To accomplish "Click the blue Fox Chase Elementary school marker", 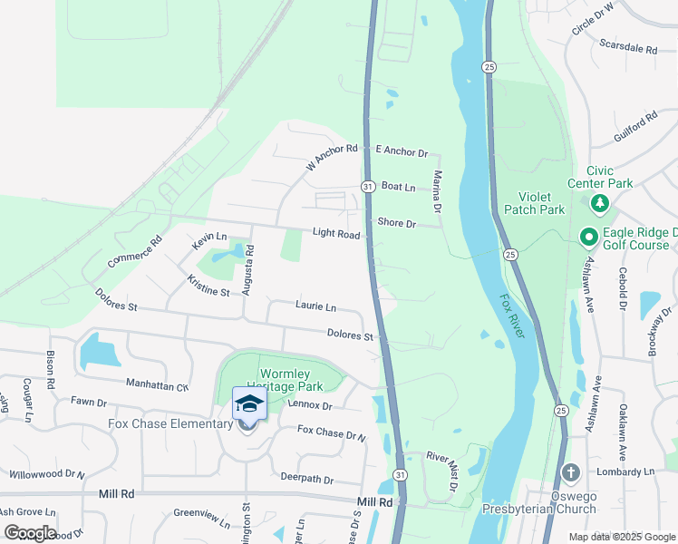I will pyautogui.click(x=250, y=403).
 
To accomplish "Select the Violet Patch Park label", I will pyautogui.click(x=541, y=203).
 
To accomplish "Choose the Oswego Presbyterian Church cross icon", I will pyautogui.click(x=570, y=472).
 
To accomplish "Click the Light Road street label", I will pyautogui.click(x=336, y=234).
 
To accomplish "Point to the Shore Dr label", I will pyautogui.click(x=396, y=223).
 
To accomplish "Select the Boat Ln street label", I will pyautogui.click(x=398, y=188).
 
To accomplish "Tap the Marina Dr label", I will pyautogui.click(x=437, y=191).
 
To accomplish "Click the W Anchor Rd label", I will pyautogui.click(x=333, y=158).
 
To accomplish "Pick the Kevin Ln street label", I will pyautogui.click(x=208, y=240).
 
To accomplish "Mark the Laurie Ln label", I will pyautogui.click(x=315, y=306).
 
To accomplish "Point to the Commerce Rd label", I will pyautogui.click(x=133, y=252).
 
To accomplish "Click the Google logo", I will pyautogui.click(x=29, y=532).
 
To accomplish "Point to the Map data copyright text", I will pyautogui.click(x=621, y=537).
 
